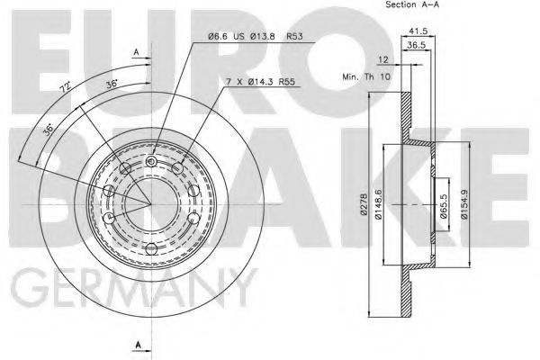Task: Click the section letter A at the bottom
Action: (x=135, y=344)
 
